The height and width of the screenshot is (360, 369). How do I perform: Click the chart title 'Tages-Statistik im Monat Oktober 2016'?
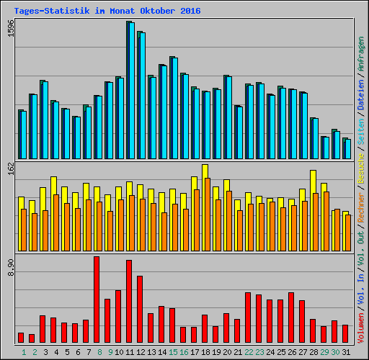pos(107,12)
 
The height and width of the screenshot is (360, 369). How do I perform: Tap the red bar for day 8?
pos(97,300)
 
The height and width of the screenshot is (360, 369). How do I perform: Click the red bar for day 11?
pos(129,301)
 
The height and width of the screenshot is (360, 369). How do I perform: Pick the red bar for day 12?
pos(140,309)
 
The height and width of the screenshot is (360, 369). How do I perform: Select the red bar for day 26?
pos(291,318)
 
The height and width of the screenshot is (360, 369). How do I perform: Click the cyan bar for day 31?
pos(347,148)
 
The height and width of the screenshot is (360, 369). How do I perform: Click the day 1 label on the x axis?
pos(24,352)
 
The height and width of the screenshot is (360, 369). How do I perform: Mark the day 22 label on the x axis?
pos(248,352)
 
